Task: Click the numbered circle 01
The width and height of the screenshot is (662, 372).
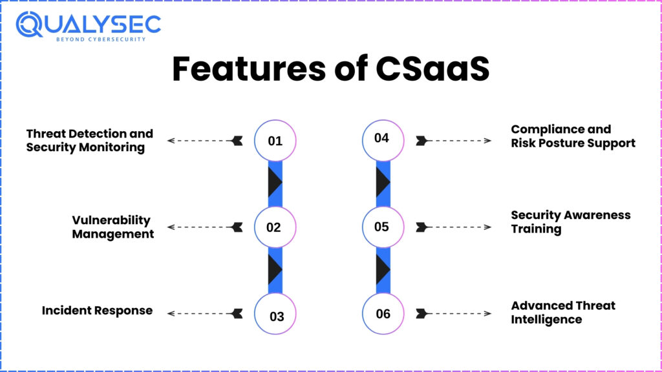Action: tap(275, 140)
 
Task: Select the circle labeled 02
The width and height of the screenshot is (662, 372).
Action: tap(275, 227)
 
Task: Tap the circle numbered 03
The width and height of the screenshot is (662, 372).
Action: tap(275, 314)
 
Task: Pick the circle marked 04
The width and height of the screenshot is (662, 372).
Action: tap(383, 140)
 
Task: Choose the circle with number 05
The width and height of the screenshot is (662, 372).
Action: tap(383, 227)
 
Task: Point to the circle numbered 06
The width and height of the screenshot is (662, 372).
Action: tap(383, 314)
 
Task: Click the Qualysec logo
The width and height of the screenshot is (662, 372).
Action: tap(88, 26)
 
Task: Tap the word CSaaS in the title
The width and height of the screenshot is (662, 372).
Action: tap(432, 68)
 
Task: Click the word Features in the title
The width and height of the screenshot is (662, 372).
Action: tap(249, 68)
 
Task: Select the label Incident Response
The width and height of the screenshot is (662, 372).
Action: tap(97, 311)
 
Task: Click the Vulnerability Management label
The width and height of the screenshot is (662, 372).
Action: tap(112, 227)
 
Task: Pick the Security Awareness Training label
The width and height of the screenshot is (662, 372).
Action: tap(571, 222)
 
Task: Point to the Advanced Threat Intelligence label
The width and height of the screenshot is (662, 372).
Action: tap(563, 313)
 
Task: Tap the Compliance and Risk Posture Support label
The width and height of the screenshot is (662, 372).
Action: tap(573, 136)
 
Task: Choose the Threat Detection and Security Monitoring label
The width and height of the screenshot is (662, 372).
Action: tap(89, 140)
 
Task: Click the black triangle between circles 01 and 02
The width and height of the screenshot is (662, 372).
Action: tap(274, 183)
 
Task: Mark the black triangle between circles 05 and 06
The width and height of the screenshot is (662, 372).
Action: tap(383, 269)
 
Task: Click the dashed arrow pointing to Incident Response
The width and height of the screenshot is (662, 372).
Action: tap(205, 313)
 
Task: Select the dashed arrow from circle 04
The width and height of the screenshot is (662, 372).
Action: tap(453, 140)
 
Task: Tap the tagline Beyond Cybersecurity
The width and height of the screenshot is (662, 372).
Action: tap(101, 39)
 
